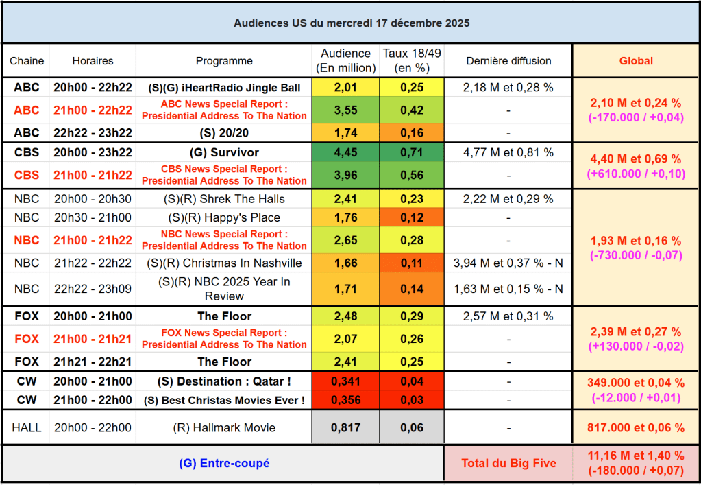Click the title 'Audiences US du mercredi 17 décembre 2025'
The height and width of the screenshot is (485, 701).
click(351, 23)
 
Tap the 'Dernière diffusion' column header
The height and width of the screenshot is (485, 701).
click(508, 60)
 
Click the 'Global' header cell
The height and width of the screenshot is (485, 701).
click(636, 60)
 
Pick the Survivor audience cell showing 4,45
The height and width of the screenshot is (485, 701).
click(346, 152)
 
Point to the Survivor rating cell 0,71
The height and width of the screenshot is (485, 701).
click(413, 152)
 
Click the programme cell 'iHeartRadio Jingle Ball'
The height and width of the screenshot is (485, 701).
click(224, 88)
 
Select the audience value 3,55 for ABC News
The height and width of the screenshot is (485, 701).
click(346, 110)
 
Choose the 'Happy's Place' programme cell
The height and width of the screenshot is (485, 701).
click(224, 217)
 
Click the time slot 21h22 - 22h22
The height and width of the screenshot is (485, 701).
click(93, 263)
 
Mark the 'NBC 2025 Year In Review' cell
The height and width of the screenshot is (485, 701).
click(224, 289)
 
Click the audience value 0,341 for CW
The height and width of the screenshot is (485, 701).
click(346, 381)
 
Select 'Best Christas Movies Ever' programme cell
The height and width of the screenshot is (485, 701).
click(224, 400)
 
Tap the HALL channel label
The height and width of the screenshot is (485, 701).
click(26, 427)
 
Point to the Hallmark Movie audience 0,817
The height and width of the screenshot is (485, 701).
click(346, 427)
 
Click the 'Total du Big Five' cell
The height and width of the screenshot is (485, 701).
click(507, 463)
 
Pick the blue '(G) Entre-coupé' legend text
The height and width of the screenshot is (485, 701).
click(224, 463)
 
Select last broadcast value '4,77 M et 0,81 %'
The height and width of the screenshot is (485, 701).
click(508, 152)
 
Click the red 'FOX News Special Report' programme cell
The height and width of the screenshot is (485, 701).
click(224, 339)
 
